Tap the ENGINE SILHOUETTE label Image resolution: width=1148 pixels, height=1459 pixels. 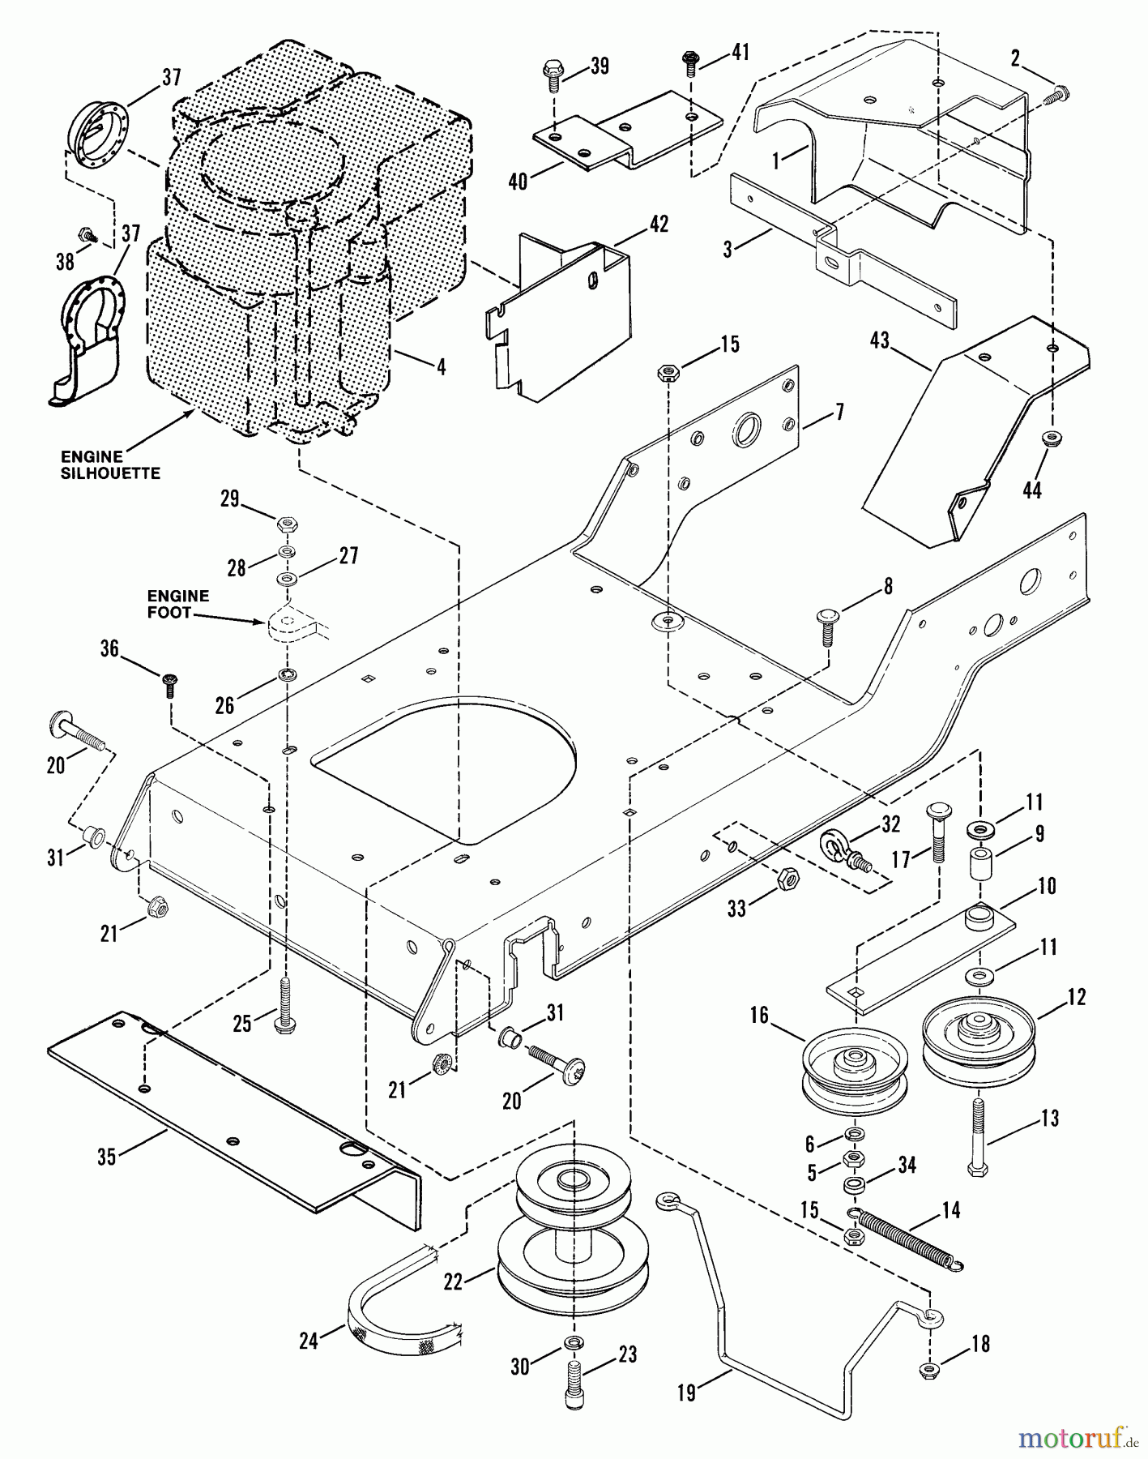pos(111,465)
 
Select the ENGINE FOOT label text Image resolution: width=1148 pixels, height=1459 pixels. pos(178,604)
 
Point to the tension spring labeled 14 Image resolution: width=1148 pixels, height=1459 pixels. pos(911,1239)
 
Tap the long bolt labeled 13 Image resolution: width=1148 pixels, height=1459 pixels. pos(978,1139)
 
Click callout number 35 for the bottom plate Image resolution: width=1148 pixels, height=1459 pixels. pos(107,1157)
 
